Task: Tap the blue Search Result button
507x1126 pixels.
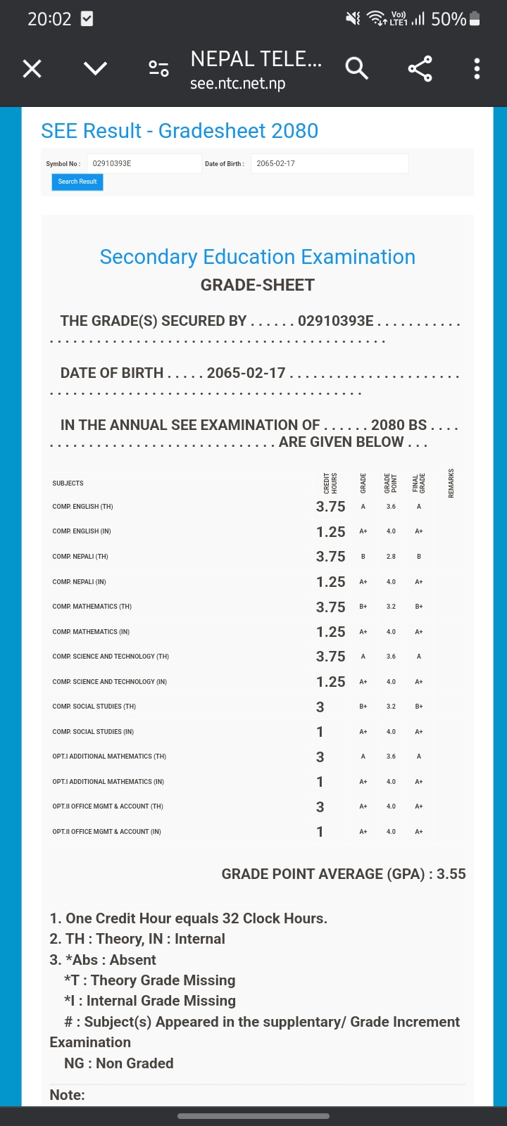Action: [77, 182]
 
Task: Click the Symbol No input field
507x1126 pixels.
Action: [144, 163]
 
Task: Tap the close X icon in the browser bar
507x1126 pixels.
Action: [32, 68]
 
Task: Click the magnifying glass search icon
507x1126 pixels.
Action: [357, 68]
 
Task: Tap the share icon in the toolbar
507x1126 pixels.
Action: [420, 68]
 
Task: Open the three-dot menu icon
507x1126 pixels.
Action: [477, 68]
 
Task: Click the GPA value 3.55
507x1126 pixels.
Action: [451, 874]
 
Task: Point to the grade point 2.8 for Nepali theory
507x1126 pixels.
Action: [391, 557]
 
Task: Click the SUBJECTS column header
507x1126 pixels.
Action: [68, 483]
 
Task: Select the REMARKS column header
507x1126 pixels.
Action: [451, 483]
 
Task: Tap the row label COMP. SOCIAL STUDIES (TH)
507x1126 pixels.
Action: [94, 707]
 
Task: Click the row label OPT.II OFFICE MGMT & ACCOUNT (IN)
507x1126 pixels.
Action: [106, 832]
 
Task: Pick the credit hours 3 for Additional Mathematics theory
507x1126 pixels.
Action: [320, 757]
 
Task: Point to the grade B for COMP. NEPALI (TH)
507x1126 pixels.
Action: [363, 557]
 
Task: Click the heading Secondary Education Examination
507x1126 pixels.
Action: [257, 257]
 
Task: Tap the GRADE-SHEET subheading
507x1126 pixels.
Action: [257, 285]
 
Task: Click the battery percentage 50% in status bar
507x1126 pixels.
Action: [449, 19]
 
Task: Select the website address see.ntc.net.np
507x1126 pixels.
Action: [237, 84]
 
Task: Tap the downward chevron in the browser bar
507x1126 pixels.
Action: [95, 68]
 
